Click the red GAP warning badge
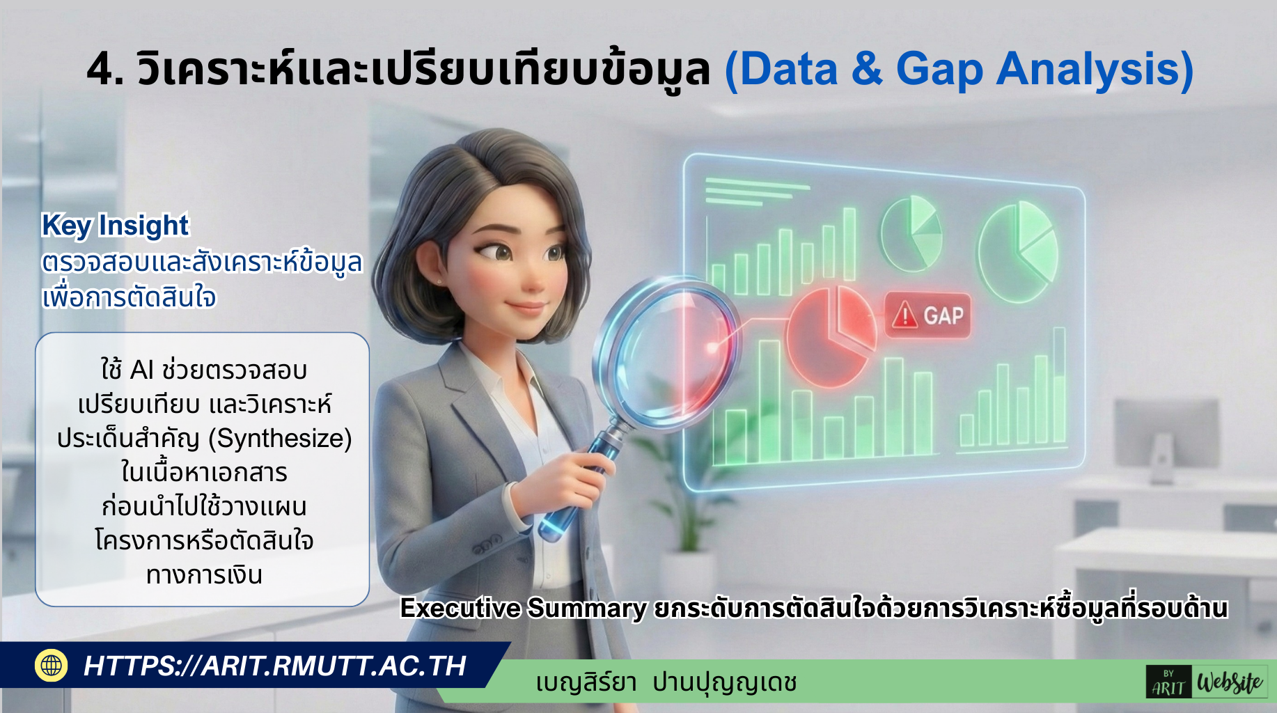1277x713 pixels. (928, 315)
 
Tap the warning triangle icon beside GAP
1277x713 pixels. (905, 315)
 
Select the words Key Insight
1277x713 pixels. (115, 226)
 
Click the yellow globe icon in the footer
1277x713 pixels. (52, 665)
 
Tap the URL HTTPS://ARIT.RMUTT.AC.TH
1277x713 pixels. (275, 666)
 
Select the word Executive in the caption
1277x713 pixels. (460, 609)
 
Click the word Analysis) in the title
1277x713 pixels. (1095, 70)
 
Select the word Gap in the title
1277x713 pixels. (939, 71)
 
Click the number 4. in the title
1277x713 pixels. (106, 70)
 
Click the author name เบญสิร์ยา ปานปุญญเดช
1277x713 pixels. (666, 682)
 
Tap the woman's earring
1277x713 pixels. (439, 281)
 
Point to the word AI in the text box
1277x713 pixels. (141, 370)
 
